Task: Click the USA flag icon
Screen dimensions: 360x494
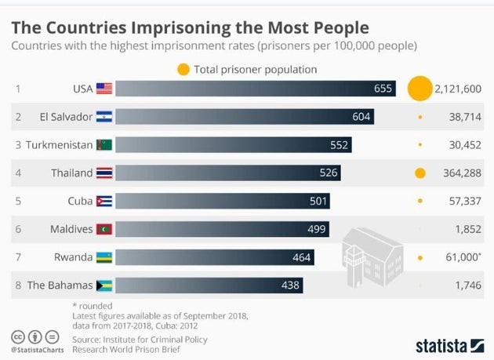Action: tap(104, 89)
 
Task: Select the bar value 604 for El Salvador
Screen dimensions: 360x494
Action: tap(361, 117)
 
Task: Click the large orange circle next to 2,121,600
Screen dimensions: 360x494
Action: tap(420, 88)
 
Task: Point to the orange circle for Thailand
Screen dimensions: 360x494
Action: tap(420, 173)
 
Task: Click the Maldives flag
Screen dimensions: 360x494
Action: tap(104, 229)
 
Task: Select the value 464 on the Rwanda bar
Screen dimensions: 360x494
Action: tap(302, 256)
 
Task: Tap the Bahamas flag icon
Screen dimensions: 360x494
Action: tap(104, 285)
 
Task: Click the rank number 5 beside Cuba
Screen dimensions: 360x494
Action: tap(18, 201)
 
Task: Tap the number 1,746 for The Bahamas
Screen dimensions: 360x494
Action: tap(467, 285)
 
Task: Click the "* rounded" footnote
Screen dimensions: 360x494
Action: tap(92, 305)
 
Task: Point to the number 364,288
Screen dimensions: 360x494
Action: tap(460, 173)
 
